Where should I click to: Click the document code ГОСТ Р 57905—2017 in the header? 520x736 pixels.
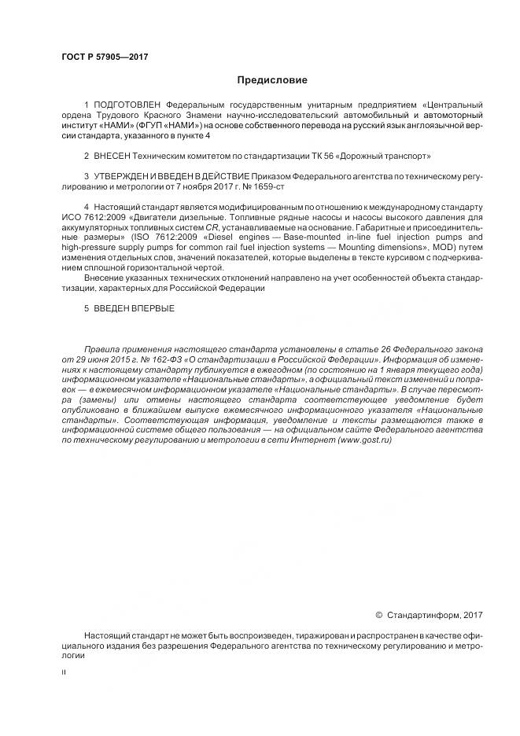point(104,57)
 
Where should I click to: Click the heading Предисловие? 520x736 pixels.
point(272,80)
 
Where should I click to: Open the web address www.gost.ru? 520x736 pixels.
point(365,441)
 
